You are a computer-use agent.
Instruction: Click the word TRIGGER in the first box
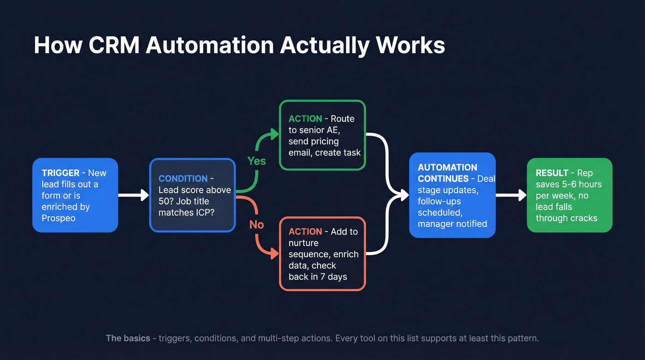point(60,173)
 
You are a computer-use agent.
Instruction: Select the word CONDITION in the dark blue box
point(183,178)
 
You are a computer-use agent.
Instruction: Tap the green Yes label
point(257,161)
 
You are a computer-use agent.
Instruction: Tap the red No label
point(257,224)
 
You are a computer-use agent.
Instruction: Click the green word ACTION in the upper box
point(305,118)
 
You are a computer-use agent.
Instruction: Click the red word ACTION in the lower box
point(305,231)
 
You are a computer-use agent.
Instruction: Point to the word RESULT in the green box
point(552,173)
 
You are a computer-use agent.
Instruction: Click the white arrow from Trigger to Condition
point(133,195)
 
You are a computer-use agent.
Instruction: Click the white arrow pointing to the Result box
point(511,195)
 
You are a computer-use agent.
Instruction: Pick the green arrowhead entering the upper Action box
point(275,134)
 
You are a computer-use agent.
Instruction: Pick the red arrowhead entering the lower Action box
point(275,253)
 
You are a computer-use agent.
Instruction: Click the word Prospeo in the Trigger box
point(59,218)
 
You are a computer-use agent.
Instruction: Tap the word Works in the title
point(410,45)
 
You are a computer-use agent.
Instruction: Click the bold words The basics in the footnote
point(128,338)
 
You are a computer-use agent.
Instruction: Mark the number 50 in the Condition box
point(164,201)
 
